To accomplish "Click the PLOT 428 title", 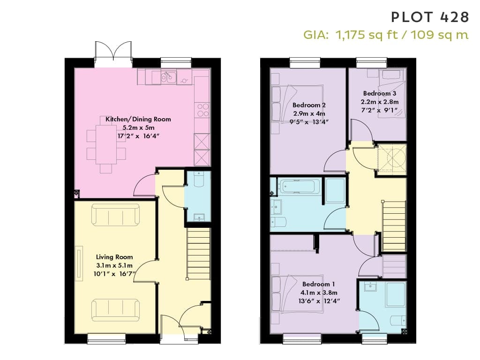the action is click(430, 17).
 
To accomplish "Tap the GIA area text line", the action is click(386, 35).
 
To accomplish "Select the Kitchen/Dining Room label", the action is click(138, 119).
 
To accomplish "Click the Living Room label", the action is click(114, 257).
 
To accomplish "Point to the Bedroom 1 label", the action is click(318, 284).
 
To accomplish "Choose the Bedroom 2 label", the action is click(309, 105).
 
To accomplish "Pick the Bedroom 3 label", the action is click(380, 93).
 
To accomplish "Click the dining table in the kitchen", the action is click(106, 145).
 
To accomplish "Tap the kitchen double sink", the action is click(168, 77).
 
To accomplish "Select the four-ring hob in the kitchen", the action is click(202, 110).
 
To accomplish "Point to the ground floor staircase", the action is click(199, 254).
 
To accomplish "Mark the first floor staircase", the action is click(394, 226).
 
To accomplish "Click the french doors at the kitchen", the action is click(113, 54).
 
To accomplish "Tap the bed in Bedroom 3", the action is click(392, 93).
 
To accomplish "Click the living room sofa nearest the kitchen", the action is click(116, 215).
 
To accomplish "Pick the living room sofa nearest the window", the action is click(116, 310).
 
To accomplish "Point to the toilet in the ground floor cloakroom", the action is click(199, 179).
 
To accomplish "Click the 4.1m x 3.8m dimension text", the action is click(319, 292).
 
